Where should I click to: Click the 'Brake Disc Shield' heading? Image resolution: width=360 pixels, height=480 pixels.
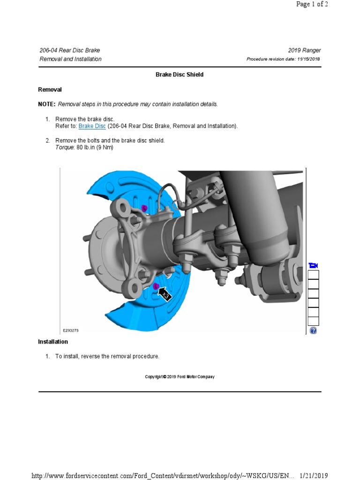coord(180,75)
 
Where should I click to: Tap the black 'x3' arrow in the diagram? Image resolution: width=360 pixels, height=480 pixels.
coord(165,294)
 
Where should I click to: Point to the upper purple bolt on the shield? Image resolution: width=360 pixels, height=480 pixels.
coord(144,208)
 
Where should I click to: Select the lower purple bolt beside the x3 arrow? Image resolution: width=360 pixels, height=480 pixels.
coord(156,285)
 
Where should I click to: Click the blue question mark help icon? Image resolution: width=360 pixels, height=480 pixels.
coord(313,330)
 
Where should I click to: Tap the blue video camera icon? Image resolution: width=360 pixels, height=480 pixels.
coord(313,266)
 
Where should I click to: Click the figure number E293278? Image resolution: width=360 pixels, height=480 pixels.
coord(71,330)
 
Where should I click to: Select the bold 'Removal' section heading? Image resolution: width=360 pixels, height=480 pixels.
coord(50,90)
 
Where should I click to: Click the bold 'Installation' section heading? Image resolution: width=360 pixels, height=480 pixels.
coord(53,342)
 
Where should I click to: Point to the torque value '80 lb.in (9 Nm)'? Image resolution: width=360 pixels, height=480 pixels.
coord(95,147)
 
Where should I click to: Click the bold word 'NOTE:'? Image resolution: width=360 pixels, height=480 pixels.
coord(46,104)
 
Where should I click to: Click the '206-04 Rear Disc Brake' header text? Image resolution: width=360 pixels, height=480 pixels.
coord(70,51)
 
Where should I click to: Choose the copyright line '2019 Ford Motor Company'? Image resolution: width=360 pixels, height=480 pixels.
coord(180,377)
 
